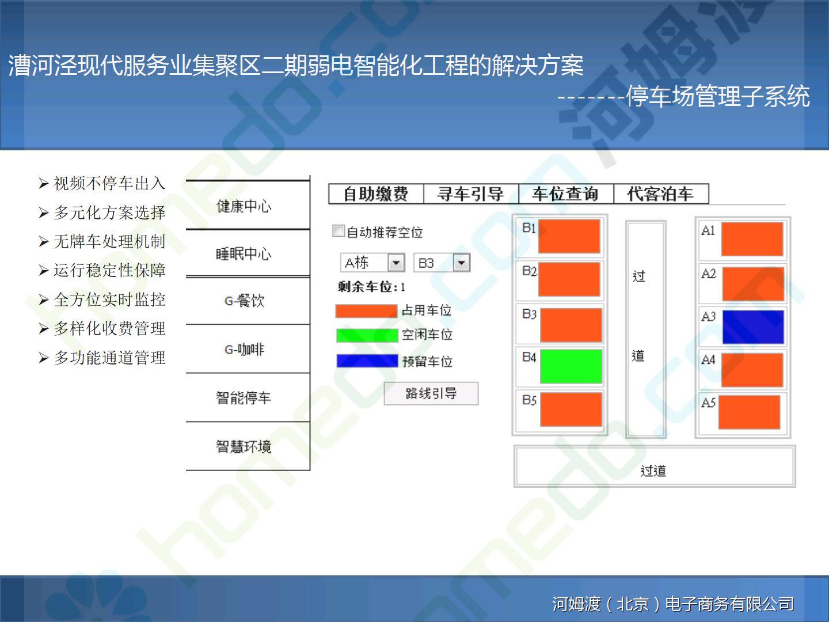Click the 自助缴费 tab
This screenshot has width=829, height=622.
tap(376, 194)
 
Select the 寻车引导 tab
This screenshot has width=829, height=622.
tap(471, 194)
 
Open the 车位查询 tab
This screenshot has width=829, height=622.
tap(566, 194)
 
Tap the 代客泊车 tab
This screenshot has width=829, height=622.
tap(661, 194)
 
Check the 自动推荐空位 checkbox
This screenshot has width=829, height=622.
tap(339, 231)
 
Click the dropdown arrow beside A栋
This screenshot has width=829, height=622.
tap(396, 263)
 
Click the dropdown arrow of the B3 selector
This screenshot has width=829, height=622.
tap(461, 263)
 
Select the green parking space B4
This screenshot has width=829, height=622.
tap(571, 366)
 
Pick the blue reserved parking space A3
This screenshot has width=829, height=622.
tap(753, 327)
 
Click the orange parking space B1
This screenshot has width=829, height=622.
tap(569, 236)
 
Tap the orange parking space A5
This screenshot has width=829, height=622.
tap(750, 412)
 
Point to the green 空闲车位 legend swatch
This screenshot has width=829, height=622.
tap(367, 335)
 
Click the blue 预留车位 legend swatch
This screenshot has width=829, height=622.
tap(367, 361)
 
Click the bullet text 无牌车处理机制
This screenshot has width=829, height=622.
tap(109, 241)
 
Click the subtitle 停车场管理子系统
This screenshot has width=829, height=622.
tap(717, 96)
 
